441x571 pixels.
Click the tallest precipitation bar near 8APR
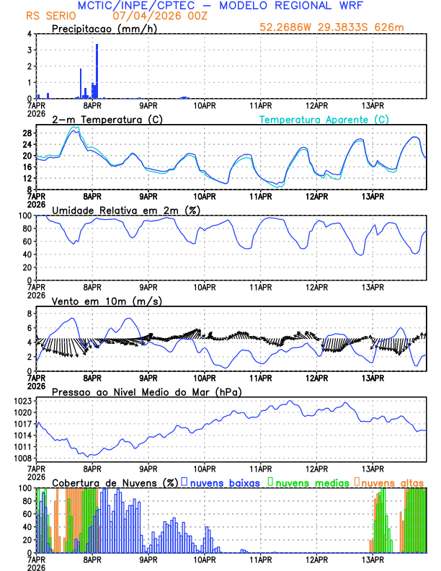97,71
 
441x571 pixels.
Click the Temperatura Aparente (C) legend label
324,119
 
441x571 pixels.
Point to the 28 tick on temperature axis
27,133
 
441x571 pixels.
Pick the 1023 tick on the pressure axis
22,400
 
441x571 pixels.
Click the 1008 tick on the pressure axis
22,459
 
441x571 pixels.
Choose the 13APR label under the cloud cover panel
373,559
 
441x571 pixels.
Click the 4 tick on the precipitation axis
30,34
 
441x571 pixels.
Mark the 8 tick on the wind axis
30,314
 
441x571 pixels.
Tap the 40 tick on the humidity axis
27,254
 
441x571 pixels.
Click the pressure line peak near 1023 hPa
290,402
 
